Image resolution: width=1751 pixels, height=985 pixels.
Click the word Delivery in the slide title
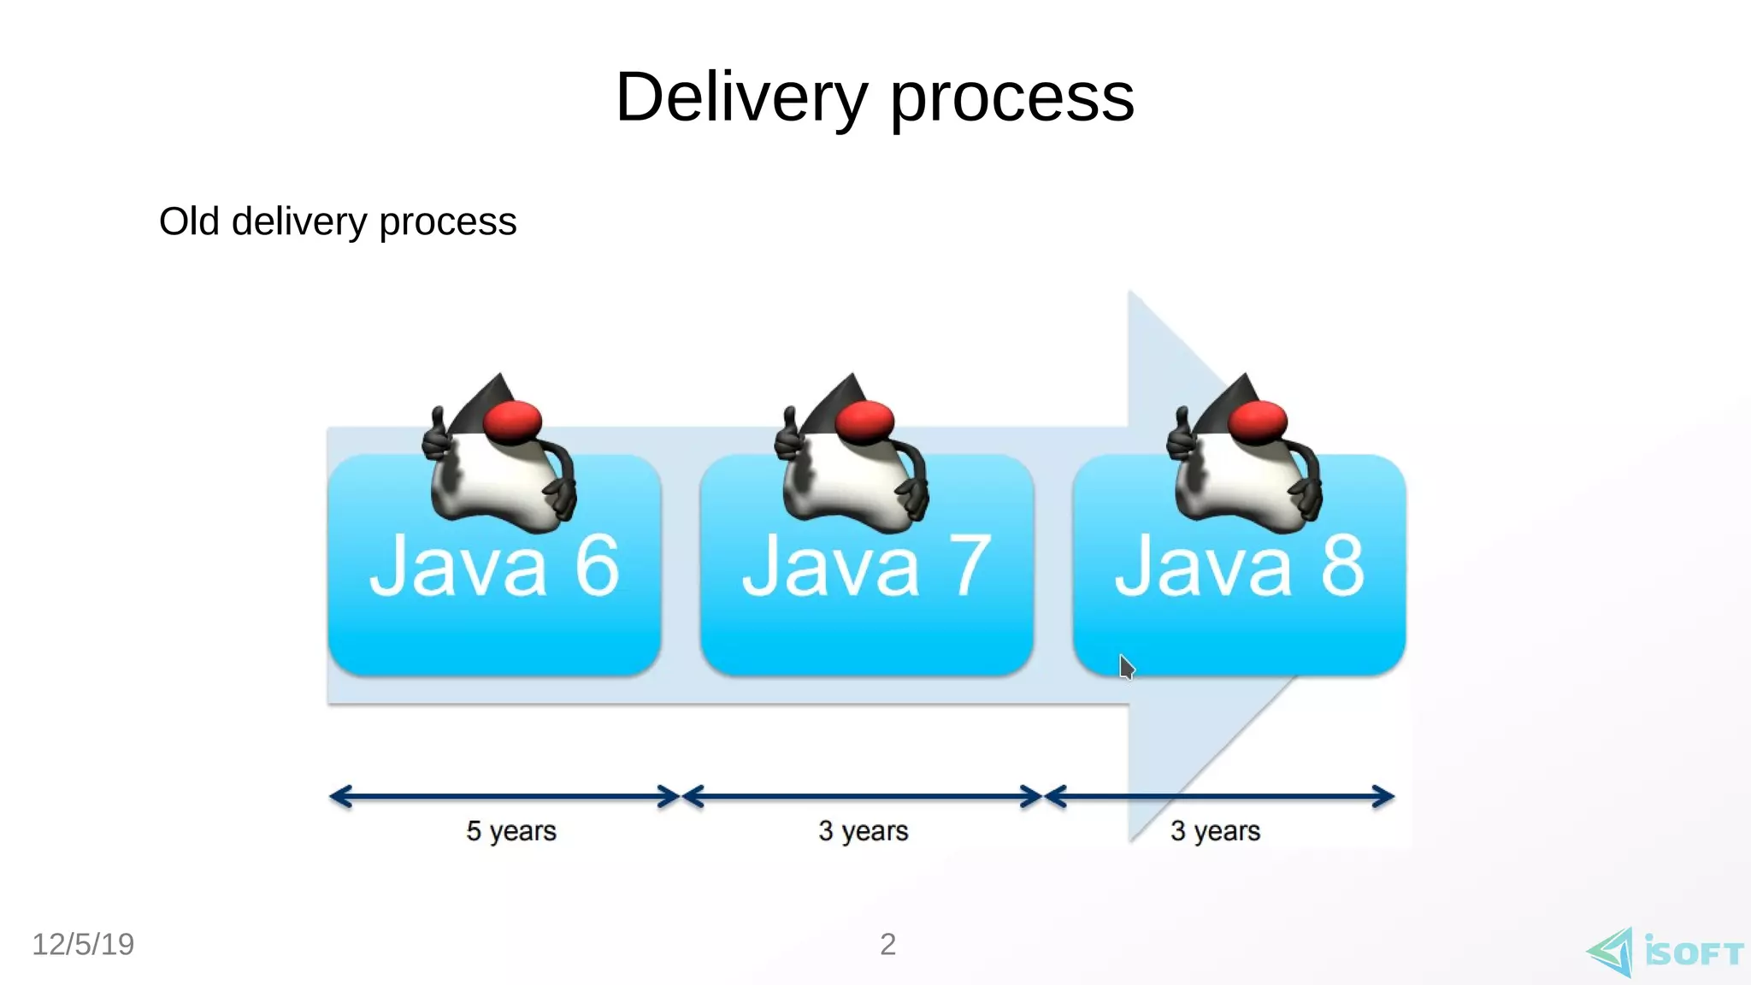(740, 97)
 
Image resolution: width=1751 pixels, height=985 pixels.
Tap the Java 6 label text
(494, 566)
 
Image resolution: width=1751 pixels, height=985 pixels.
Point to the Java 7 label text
(866, 566)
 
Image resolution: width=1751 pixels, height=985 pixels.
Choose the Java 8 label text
(1239, 566)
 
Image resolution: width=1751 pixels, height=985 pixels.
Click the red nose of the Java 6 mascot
(512, 421)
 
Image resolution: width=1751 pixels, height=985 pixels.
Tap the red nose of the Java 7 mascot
(864, 421)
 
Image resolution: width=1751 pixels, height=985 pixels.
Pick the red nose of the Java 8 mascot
(1258, 421)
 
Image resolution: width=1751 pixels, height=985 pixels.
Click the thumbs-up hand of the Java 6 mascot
(438, 436)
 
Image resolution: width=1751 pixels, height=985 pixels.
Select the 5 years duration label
(511, 830)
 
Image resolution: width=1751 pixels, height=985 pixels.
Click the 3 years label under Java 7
(863, 830)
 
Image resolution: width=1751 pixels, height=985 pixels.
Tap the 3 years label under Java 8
(1215, 830)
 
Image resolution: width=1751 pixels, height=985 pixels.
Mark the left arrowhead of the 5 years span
(339, 797)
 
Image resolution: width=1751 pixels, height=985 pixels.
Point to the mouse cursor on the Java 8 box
(1126, 666)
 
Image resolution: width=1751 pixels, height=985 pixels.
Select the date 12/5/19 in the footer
(83, 944)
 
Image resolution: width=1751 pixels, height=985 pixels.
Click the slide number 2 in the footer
(887, 944)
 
